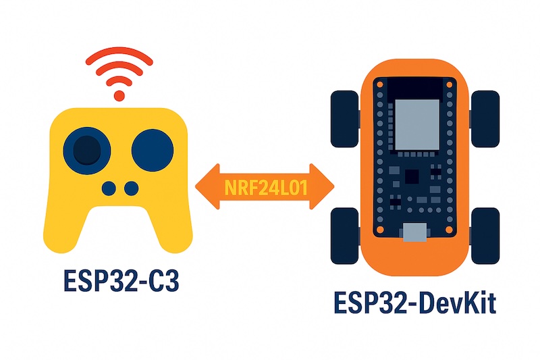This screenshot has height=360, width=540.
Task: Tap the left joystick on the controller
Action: point(86,149)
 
